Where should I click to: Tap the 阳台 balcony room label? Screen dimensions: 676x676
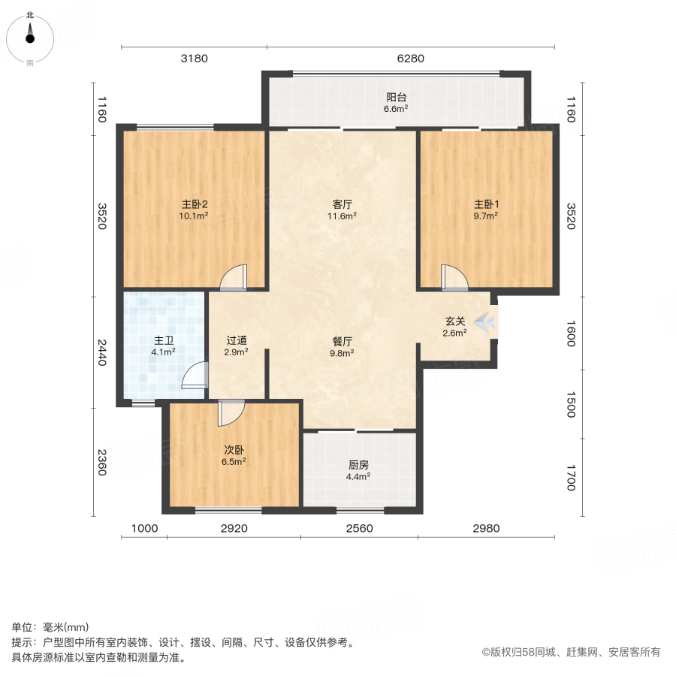click(x=396, y=98)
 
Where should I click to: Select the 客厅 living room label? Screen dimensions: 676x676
click(x=343, y=204)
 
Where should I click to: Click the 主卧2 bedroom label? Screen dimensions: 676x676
click(x=193, y=204)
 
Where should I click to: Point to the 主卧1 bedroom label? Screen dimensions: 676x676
click(x=486, y=204)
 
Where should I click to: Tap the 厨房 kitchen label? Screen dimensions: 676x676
click(x=358, y=465)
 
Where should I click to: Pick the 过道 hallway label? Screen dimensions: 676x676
click(x=237, y=340)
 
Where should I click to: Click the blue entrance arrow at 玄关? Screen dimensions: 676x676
click(x=486, y=322)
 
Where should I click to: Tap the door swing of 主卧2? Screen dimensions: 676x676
click(x=234, y=277)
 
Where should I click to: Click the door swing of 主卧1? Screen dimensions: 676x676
click(x=454, y=277)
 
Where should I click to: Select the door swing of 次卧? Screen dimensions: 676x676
click(x=231, y=412)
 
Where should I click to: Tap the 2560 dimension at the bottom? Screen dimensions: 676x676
click(x=359, y=529)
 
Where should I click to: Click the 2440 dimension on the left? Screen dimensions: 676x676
click(x=102, y=352)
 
